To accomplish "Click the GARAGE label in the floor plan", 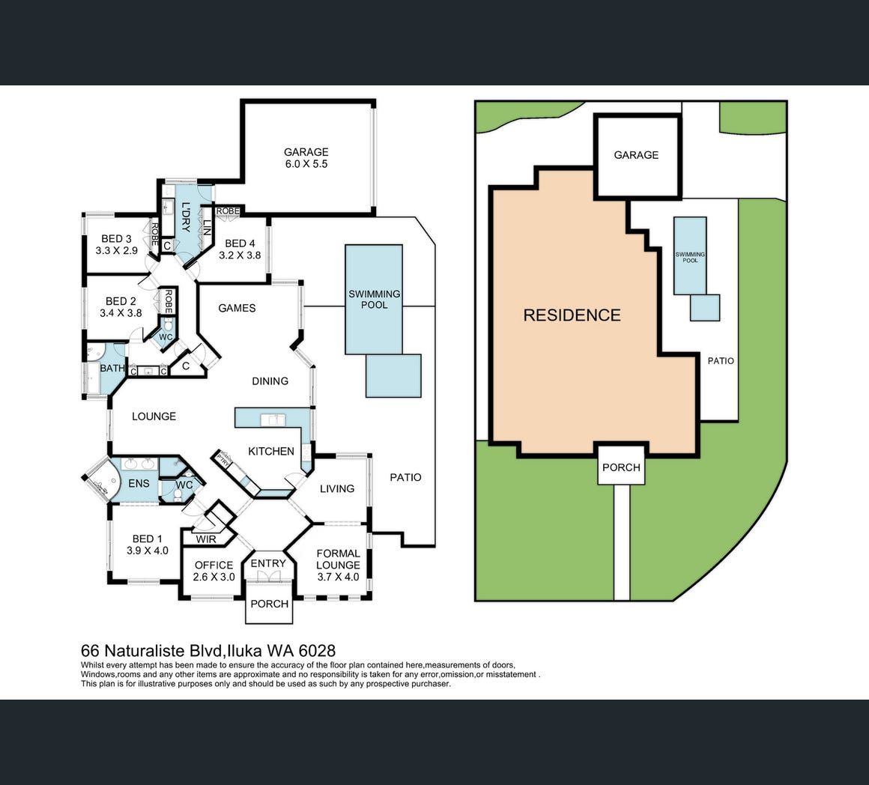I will [306, 152].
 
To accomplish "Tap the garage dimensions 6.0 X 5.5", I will [306, 164].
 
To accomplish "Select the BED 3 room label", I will [117, 239].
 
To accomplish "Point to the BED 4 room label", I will [240, 243].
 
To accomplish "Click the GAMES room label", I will [237, 308].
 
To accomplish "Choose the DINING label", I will [270, 381].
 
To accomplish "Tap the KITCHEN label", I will [271, 451].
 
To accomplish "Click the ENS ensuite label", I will [139, 483].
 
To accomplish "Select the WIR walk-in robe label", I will [206, 539].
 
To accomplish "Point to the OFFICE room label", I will [214, 565].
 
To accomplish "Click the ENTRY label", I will [268, 563].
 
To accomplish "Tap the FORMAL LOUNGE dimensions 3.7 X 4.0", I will [338, 577].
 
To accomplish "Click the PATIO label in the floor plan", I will [406, 477].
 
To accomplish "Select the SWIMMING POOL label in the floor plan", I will [374, 300].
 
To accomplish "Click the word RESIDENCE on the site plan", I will [572, 315].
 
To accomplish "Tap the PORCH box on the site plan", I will [621, 467].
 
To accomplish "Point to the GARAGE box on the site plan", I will [636, 155].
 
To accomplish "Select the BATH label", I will [112, 368].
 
